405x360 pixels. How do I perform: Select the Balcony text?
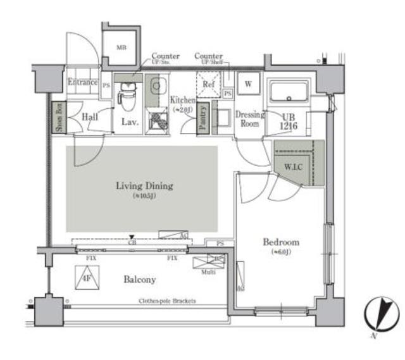(140, 279)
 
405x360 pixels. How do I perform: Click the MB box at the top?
(120, 47)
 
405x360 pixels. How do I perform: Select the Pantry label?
(204, 118)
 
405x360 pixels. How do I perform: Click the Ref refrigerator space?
(208, 84)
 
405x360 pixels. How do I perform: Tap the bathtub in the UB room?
(289, 94)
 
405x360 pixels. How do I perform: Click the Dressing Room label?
(249, 120)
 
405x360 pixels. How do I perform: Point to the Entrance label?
(83, 82)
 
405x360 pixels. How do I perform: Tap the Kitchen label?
(182, 100)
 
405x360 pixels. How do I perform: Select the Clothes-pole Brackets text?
(167, 301)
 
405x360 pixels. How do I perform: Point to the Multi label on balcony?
(208, 272)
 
